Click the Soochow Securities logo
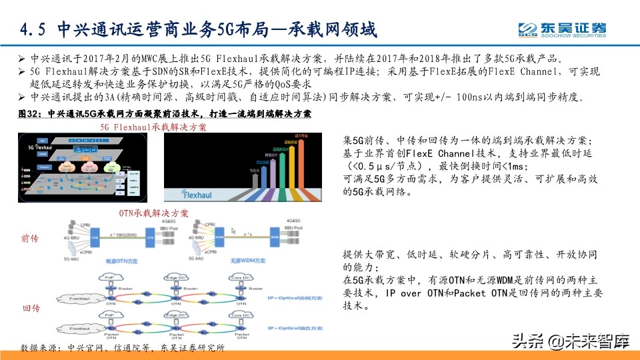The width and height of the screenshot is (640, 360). pos(563,29)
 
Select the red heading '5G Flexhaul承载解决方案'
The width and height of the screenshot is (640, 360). pos(153,127)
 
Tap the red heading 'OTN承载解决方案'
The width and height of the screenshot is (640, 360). pos(153,213)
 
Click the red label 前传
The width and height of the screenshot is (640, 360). pos(30,238)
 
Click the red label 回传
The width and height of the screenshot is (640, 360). pos(30,309)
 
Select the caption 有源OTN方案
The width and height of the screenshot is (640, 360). pos(122,263)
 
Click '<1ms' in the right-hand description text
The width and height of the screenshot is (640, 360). pos(515,166)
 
